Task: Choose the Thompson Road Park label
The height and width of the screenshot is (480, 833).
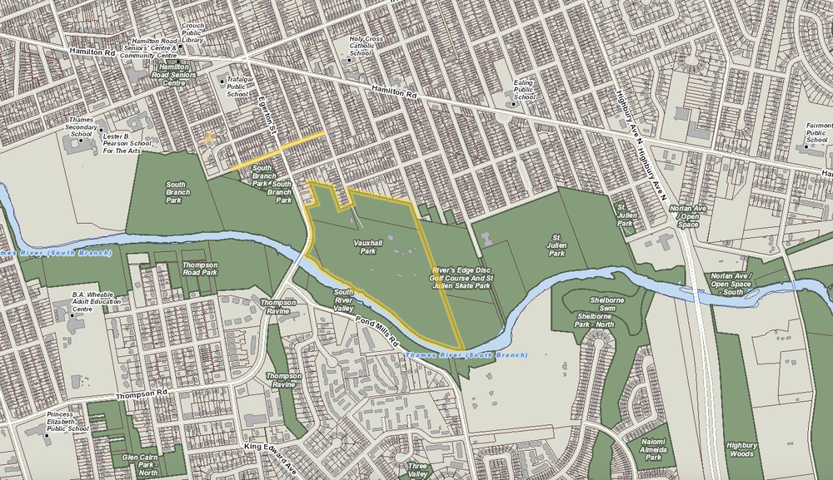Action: [199, 268]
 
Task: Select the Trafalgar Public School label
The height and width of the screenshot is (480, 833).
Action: [237, 87]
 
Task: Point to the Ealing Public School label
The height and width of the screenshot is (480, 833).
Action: [524, 89]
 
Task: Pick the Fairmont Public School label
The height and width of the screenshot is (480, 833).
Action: [816, 132]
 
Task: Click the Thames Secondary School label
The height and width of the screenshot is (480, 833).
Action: [81, 126]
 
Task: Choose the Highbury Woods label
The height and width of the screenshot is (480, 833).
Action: [741, 449]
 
